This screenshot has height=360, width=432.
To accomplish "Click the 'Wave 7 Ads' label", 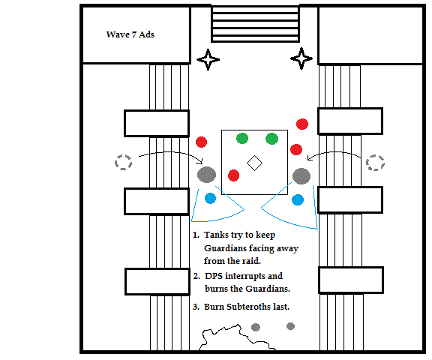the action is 130,34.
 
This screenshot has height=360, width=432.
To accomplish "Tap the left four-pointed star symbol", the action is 208,59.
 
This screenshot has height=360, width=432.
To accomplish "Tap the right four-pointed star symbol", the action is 301,58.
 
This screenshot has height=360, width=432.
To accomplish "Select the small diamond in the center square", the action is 254,163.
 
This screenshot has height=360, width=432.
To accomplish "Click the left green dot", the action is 242,138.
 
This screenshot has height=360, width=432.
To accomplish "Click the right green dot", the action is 272,139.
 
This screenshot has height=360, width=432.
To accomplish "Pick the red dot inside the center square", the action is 234,175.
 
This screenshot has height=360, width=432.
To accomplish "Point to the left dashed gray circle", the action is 123,162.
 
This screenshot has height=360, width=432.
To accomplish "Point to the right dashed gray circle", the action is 375,163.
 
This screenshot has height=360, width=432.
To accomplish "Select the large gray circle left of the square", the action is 207,175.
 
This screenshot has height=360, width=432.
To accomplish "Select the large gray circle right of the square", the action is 301,176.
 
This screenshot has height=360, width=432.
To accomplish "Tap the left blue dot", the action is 211,198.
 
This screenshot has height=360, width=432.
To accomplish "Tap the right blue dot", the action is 298,200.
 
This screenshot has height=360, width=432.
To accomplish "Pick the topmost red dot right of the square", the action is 302,124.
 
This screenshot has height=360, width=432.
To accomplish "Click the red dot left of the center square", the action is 202,142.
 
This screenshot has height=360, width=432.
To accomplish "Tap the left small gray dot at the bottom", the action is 256,327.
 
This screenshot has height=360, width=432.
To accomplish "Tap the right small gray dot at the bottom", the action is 291,326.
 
